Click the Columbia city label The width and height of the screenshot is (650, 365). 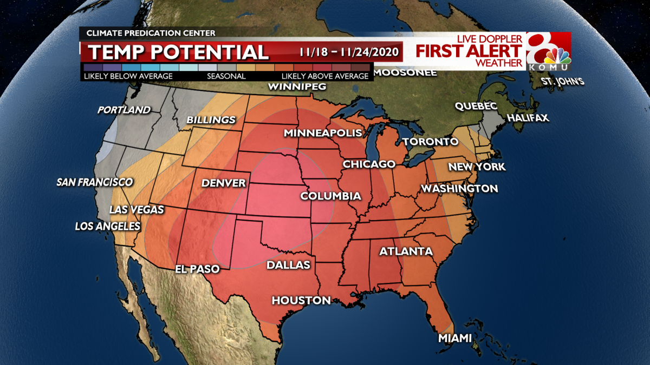point(330,196)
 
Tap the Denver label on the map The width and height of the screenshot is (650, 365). point(224,183)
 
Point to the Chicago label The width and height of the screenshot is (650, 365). point(369,164)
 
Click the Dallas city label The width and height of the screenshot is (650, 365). point(288,265)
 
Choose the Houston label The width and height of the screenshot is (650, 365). point(301,300)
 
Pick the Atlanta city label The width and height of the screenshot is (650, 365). point(406,251)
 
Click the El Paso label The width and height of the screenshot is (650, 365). point(197,269)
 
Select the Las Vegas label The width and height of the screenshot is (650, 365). point(136,210)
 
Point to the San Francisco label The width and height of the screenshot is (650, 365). point(95,182)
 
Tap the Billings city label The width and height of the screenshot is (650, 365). point(211,120)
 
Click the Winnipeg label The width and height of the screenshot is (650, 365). point(297,87)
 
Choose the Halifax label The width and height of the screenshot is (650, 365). point(528,118)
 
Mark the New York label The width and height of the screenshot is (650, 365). point(477,167)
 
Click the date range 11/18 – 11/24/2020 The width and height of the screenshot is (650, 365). point(349,52)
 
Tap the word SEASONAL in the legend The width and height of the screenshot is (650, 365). point(226,76)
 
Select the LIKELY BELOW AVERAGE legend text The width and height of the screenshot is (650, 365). point(128,76)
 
